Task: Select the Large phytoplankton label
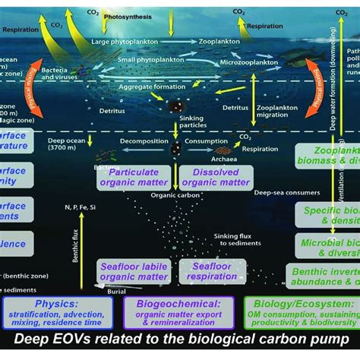(123, 43)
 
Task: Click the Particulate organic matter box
(135, 178)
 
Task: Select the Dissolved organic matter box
(216, 178)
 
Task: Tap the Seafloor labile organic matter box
(135, 271)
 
